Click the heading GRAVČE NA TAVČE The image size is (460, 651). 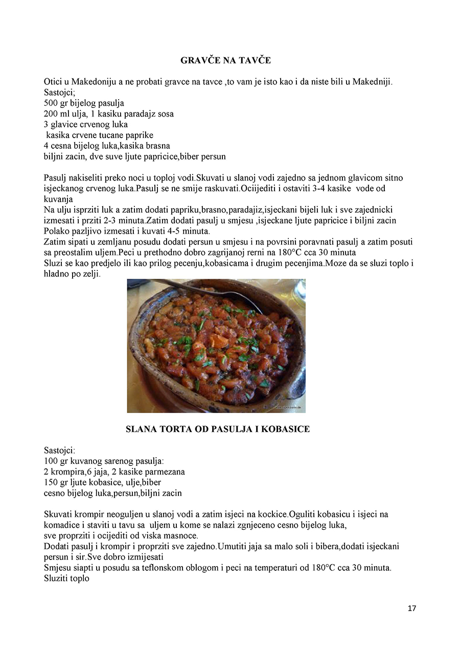click(225, 60)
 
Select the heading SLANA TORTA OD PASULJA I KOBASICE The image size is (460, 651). click(218, 429)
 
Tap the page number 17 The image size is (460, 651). click(412, 608)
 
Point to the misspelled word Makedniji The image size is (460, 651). click(372, 82)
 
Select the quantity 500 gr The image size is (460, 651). click(56, 103)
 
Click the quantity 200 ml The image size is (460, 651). click(57, 114)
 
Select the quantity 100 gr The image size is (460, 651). click(56, 461)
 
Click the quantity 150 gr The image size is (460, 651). click(56, 482)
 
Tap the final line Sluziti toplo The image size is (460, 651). click(67, 578)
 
